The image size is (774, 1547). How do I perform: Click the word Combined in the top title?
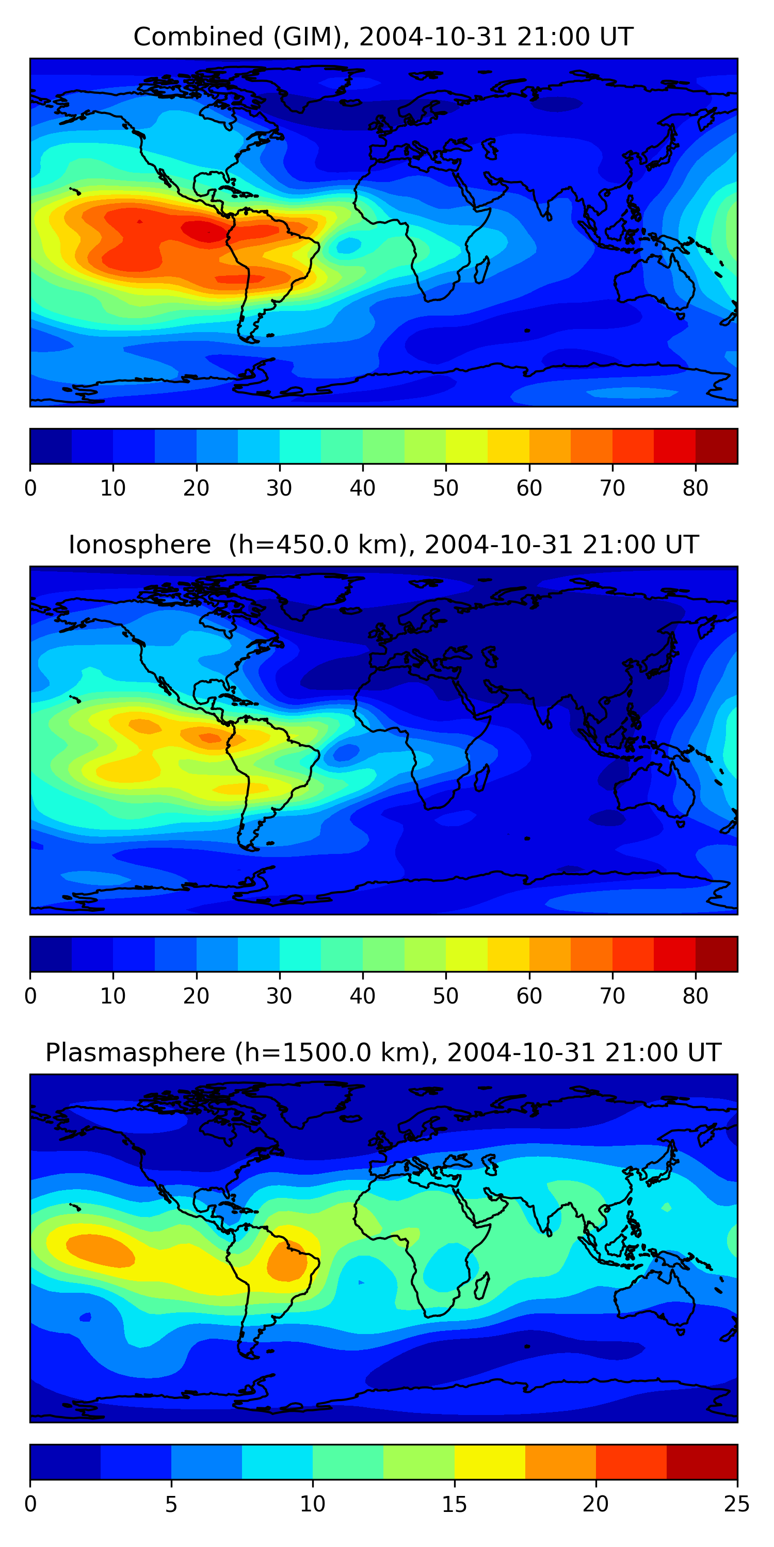click(198, 37)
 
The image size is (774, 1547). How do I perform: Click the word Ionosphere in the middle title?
click(139, 545)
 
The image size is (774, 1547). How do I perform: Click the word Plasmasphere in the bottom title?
click(135, 1053)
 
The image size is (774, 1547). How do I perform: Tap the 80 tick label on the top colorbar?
click(695, 488)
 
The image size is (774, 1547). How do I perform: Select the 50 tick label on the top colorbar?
click(446, 488)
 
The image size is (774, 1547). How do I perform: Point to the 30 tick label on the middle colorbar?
click(280, 996)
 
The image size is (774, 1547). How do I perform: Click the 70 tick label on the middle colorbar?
click(612, 996)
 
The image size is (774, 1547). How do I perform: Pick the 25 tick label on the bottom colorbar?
click(736, 1504)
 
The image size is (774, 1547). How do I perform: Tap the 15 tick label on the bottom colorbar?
click(454, 1504)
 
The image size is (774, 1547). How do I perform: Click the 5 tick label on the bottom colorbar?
click(171, 1504)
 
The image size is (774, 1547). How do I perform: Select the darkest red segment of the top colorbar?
click(716, 446)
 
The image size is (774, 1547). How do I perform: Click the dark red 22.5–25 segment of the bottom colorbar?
click(702, 1462)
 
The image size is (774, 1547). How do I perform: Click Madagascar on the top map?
click(482, 270)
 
